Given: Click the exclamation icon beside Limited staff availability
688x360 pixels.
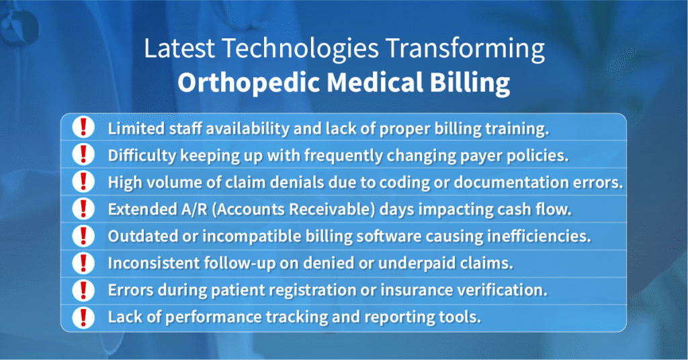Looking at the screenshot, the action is click(83, 127).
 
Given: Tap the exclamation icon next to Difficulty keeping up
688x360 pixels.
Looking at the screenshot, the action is click(83, 154).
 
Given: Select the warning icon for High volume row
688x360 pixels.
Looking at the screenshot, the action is click(83, 181).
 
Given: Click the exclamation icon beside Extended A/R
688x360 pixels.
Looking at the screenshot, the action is click(83, 208).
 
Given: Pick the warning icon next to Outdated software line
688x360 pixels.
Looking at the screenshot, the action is click(83, 236).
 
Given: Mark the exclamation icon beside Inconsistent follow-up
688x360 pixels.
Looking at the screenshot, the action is click(83, 263).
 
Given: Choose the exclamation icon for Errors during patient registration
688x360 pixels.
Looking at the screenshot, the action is click(83, 290).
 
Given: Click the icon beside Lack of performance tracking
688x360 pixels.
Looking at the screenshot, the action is click(83, 317).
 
